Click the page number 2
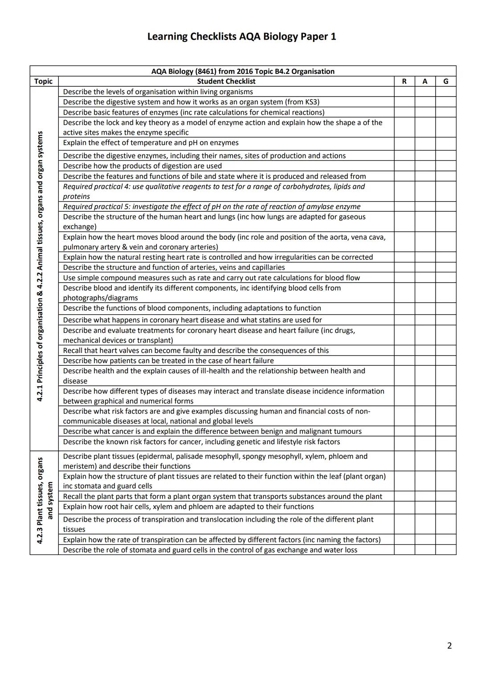tap(449, 646)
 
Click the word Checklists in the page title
tap(213, 36)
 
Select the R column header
tap(404, 81)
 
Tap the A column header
tap(425, 81)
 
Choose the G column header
tap(446, 81)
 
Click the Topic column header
tap(43, 81)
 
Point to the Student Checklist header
tap(226, 81)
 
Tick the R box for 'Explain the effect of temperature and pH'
tap(404, 143)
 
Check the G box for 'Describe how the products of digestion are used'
tap(446, 166)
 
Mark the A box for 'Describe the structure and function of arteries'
tap(425, 267)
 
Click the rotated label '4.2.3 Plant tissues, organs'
tap(40, 501)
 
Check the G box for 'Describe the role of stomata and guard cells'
tap(446, 550)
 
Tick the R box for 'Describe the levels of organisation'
tap(404, 92)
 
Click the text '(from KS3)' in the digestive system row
tap(302, 102)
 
